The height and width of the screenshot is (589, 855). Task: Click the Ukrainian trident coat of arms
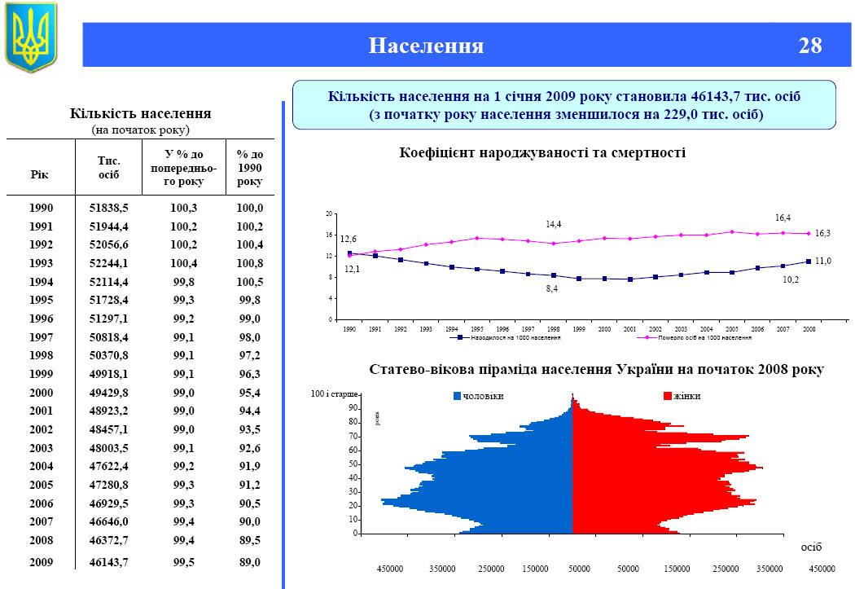tap(32, 37)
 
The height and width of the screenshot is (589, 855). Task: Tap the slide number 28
tap(809, 46)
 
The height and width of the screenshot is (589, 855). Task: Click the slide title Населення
tap(426, 46)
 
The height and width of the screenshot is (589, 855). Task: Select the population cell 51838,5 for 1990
tap(109, 208)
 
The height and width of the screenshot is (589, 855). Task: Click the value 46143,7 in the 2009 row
tap(109, 562)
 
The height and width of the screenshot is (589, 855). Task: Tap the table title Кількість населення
tap(141, 113)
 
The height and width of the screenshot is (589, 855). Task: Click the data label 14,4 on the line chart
tap(554, 223)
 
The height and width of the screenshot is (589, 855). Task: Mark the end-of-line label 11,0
tap(823, 261)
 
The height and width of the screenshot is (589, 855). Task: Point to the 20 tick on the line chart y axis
tap(330, 213)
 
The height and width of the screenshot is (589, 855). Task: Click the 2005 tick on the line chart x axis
tap(731, 328)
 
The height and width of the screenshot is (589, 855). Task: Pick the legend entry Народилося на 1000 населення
tap(506, 336)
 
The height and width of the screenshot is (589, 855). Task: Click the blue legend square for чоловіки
tap(457, 396)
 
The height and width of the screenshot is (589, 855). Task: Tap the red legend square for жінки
tap(668, 396)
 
